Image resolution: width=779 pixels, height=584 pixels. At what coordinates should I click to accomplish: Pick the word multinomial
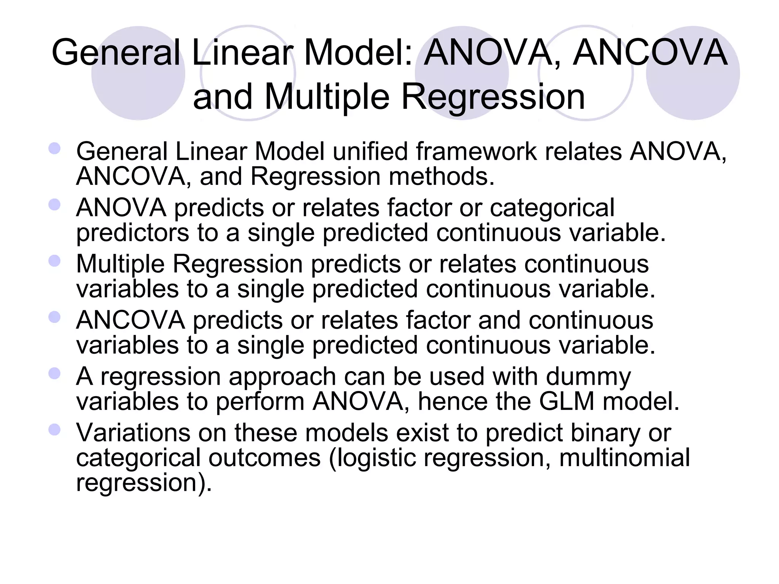point(624,458)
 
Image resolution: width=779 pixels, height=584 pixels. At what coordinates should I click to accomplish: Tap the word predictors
point(132,233)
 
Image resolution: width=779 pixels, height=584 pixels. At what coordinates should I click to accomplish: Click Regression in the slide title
point(493,97)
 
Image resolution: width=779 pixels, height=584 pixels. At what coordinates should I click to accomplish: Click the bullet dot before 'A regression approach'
point(55,373)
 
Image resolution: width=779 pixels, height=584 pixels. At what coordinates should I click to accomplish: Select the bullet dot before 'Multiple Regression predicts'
point(55,261)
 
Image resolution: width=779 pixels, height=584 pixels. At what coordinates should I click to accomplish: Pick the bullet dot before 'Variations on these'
point(55,430)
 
